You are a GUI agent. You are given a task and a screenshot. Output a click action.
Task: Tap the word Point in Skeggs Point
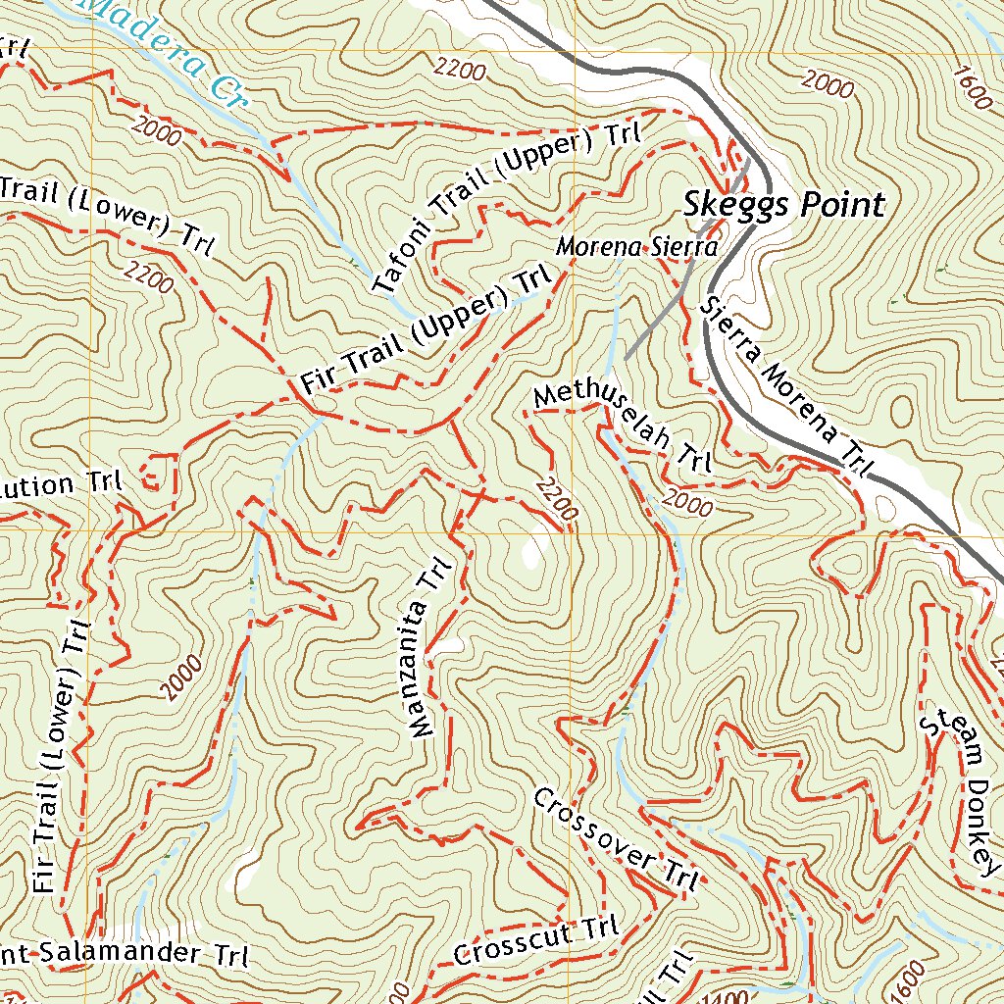tap(843, 204)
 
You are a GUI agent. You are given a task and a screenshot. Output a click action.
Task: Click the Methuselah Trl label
tap(622, 428)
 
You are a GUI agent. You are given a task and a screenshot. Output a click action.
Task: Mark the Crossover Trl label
tap(616, 839)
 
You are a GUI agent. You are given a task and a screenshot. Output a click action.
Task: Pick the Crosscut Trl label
tap(537, 939)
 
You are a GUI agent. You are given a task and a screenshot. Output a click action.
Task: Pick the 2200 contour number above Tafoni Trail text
tap(460, 69)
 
